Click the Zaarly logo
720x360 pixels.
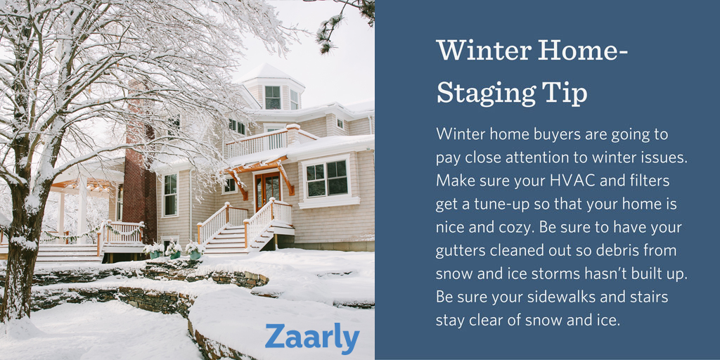pyautogui.click(x=312, y=339)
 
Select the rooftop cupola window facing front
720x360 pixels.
pyautogui.click(x=272, y=98)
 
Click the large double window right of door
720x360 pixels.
pyautogui.click(x=326, y=179)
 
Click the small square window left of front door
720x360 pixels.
pyautogui.click(x=229, y=186)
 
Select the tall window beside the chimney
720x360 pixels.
pyautogui.click(x=170, y=194)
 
